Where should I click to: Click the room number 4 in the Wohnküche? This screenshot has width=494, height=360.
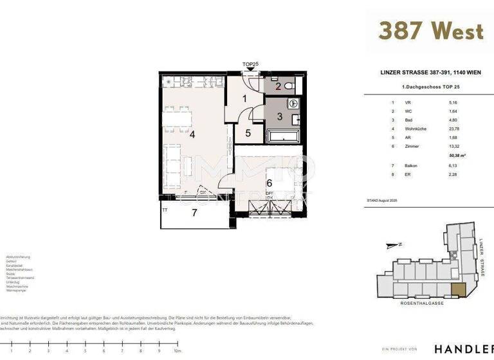click(192, 134)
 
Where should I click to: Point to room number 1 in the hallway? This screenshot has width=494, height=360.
click(245, 99)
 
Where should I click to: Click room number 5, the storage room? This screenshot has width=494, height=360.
click(248, 134)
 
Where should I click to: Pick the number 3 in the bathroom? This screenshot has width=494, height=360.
click(280, 116)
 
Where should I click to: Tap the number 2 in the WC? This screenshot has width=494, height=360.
click(279, 87)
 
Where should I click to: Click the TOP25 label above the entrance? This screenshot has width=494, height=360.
click(251, 64)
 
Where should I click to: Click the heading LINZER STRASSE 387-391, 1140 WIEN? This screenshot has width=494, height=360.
click(423, 73)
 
